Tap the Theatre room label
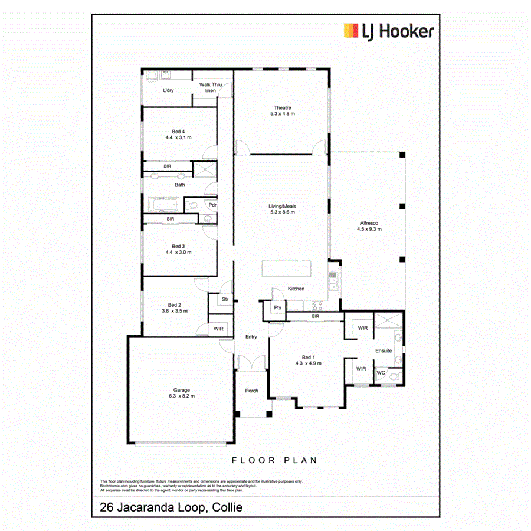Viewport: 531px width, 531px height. point(282,107)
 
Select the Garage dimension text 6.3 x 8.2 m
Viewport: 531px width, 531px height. point(181,396)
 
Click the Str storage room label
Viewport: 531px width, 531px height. point(224,300)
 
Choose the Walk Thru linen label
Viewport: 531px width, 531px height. point(210,87)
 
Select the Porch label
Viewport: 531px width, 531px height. point(252,391)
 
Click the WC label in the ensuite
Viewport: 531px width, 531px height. point(381,372)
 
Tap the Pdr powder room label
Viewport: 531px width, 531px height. point(211,205)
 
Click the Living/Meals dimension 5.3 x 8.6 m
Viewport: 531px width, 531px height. point(283,212)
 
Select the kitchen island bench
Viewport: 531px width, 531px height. point(287,270)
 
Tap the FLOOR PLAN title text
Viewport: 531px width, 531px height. point(274,460)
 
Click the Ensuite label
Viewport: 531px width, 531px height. point(383,350)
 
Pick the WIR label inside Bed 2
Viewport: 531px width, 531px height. point(218,329)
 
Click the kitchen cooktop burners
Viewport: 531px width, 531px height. point(317,306)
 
